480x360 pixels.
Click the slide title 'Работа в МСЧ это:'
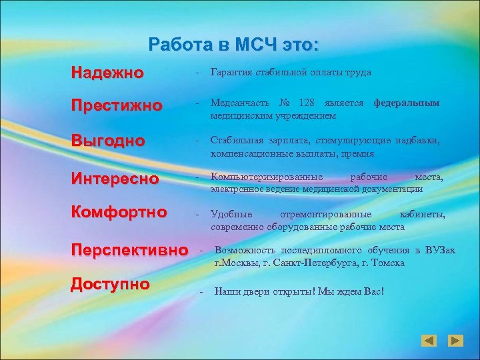tap(234, 45)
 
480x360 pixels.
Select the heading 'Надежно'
tap(107, 72)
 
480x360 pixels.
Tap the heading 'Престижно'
tap(117, 106)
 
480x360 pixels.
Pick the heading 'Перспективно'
tap(130, 251)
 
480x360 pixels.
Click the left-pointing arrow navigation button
tap(429, 341)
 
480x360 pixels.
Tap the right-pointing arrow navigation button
tap(455, 341)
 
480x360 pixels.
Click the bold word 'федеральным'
tap(406, 104)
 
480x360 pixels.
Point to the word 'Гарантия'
tap(231, 72)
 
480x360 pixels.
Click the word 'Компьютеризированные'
tap(267, 177)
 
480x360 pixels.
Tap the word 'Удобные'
tap(231, 214)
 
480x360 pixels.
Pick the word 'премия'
tap(359, 153)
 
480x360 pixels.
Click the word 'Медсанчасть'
tap(240, 104)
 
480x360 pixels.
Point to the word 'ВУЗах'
tap(441, 251)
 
